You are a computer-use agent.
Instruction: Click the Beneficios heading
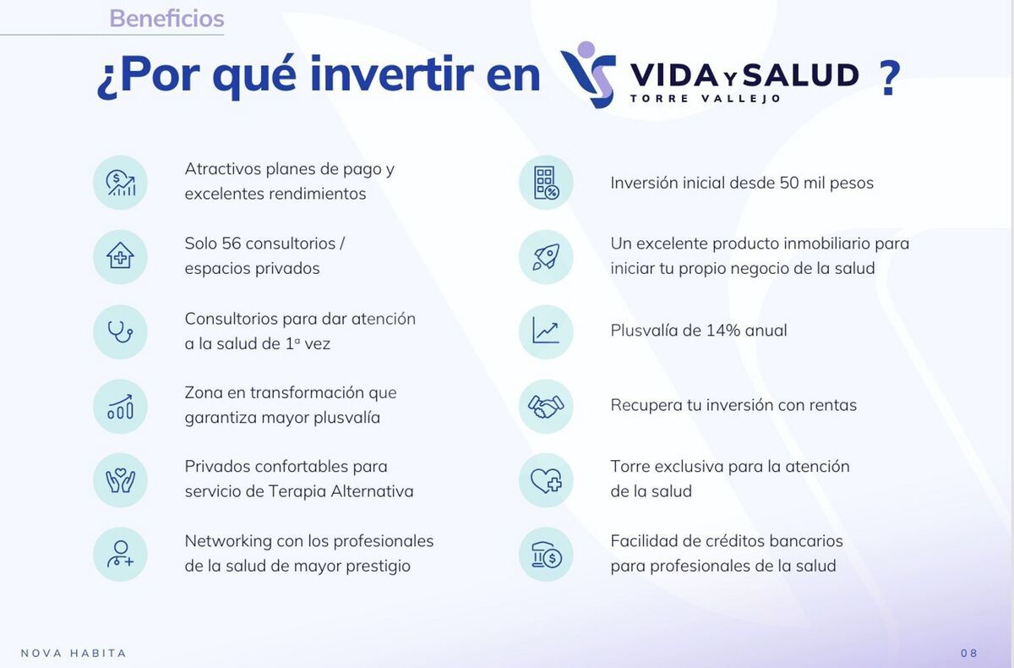(166, 18)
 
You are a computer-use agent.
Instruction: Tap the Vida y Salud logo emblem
(588, 74)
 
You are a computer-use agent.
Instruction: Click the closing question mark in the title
(889, 78)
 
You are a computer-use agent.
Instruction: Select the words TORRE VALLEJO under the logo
(705, 98)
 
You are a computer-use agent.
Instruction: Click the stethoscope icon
(120, 331)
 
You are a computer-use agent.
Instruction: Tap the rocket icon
(546, 257)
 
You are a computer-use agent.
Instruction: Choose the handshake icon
(546, 406)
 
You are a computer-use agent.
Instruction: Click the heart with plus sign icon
(546, 480)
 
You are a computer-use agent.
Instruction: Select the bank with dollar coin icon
(546, 555)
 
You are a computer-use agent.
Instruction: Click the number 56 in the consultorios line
(232, 244)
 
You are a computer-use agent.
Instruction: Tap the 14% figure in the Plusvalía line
(722, 331)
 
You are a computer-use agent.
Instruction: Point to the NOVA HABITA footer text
(74, 653)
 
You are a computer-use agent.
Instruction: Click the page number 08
(969, 653)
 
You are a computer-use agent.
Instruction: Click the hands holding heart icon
(120, 480)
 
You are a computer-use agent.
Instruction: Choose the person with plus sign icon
(120, 555)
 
